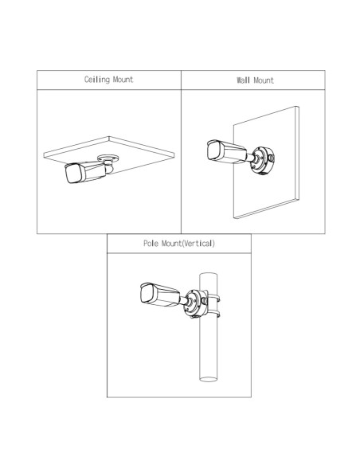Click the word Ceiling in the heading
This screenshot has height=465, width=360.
[x=96, y=80]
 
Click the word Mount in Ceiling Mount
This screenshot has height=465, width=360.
[x=123, y=80]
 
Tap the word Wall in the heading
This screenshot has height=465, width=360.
[x=243, y=80]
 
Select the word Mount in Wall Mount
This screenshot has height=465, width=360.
[x=264, y=80]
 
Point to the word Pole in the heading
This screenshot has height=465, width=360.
[x=151, y=243]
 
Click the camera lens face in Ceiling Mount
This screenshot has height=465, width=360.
[x=73, y=174]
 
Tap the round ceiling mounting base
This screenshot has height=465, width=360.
[x=108, y=158]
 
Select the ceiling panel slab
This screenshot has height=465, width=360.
[x=109, y=154]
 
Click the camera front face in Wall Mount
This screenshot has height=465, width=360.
[x=214, y=150]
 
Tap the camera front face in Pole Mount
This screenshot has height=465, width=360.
[x=147, y=294]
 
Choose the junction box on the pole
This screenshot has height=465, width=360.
[x=196, y=303]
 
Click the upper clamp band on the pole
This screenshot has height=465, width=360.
[x=213, y=298]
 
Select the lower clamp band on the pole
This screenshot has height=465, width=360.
[x=213, y=314]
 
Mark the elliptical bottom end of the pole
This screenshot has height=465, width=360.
[x=209, y=379]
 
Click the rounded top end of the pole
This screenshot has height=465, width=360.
[x=209, y=275]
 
